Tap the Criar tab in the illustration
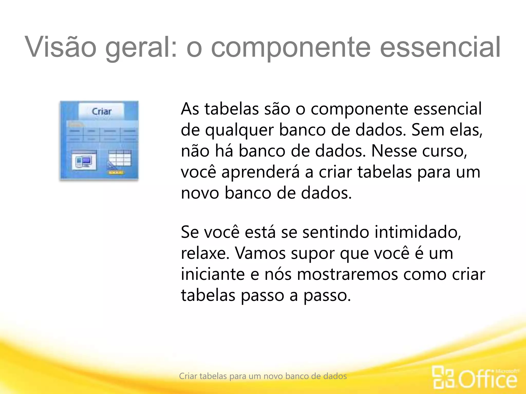coord(101,111)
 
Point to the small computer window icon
coord(84,160)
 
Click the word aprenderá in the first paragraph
coord(260,172)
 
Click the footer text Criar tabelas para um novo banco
coord(263,376)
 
